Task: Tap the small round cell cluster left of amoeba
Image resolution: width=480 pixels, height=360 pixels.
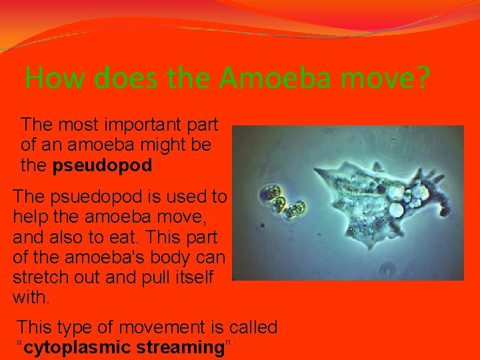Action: tap(283, 200)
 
